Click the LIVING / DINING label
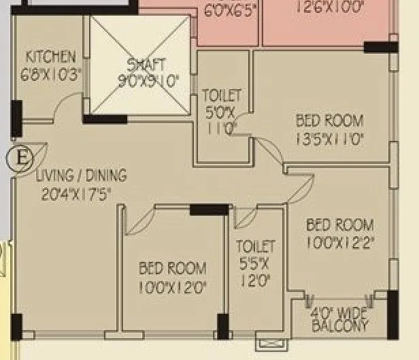click(82, 176)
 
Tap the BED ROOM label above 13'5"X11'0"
click(329, 122)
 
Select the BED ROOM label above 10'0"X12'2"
click(339, 225)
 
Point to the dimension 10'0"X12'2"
click(339, 242)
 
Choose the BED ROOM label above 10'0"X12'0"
click(172, 269)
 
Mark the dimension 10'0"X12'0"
click(172, 287)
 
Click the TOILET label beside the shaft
click(222, 97)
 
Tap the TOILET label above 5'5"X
click(255, 246)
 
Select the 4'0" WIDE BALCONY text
click(339, 321)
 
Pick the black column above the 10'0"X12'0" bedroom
click(209, 210)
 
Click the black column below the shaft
click(105, 119)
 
